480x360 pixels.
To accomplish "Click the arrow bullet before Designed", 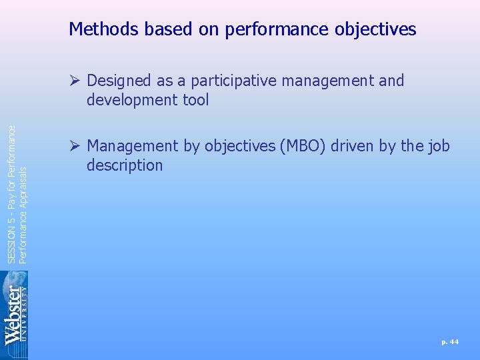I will click(77, 81).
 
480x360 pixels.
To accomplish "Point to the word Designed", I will click(118, 81).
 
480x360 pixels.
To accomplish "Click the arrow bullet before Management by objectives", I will click(77, 146).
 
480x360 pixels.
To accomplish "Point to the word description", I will click(125, 165).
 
